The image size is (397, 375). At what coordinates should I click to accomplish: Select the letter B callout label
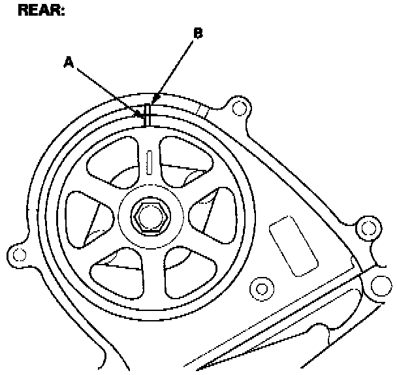pos(197,33)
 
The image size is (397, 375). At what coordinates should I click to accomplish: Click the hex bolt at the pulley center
pos(150,216)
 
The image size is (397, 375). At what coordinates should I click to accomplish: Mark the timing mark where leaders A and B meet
pos(148,116)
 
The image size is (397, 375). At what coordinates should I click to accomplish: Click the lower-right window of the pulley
pos(185,269)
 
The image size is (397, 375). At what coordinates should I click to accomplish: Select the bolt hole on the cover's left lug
pos(19,253)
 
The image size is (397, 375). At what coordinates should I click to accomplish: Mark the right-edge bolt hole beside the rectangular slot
pos(369,227)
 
